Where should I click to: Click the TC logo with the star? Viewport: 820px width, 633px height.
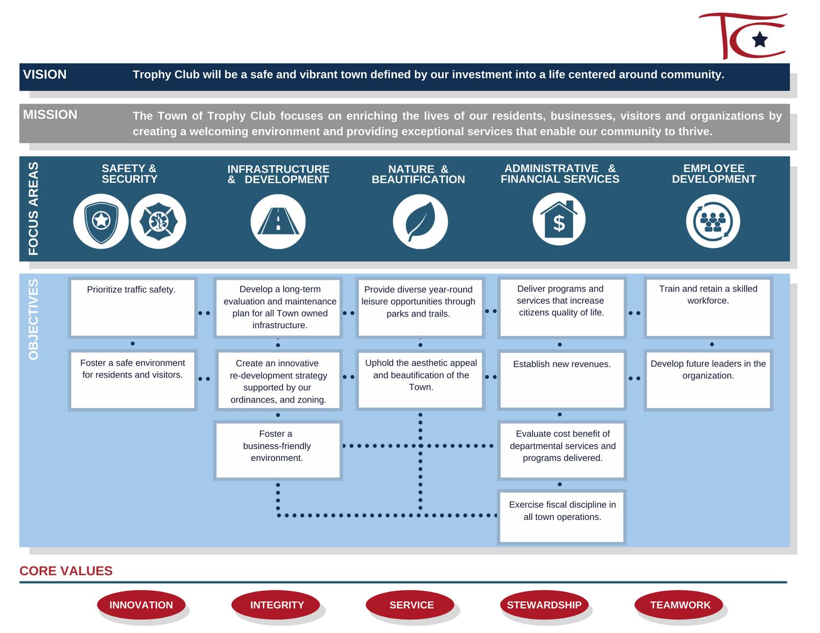(x=743, y=36)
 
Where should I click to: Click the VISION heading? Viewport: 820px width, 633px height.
(x=45, y=75)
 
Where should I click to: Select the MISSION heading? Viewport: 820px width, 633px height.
(x=50, y=115)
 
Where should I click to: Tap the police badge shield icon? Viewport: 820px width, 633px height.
(x=101, y=221)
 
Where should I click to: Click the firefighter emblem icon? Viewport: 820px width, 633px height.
(x=158, y=221)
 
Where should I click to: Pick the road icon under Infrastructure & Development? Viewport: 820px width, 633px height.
(x=278, y=222)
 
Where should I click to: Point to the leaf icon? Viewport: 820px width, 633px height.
(x=420, y=222)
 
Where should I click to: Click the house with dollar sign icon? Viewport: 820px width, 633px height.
(x=559, y=219)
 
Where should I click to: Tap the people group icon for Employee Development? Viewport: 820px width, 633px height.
(x=713, y=221)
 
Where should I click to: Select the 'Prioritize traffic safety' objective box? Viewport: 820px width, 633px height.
(x=132, y=307)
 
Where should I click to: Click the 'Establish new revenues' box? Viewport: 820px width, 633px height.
(x=562, y=379)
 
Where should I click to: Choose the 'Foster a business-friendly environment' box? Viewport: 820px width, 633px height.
(x=277, y=450)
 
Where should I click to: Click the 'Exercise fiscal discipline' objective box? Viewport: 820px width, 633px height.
(x=562, y=517)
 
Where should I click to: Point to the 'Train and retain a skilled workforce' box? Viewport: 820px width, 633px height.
(x=708, y=307)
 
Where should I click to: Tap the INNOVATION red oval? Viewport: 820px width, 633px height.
(x=141, y=605)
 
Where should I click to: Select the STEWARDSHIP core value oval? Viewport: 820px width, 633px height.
(x=544, y=605)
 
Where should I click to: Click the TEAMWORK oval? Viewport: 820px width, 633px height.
(x=680, y=605)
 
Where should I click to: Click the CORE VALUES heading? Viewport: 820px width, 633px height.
(x=66, y=571)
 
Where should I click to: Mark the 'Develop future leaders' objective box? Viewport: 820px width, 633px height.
(x=708, y=379)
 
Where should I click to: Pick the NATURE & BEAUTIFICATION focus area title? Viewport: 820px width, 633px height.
(x=418, y=174)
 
